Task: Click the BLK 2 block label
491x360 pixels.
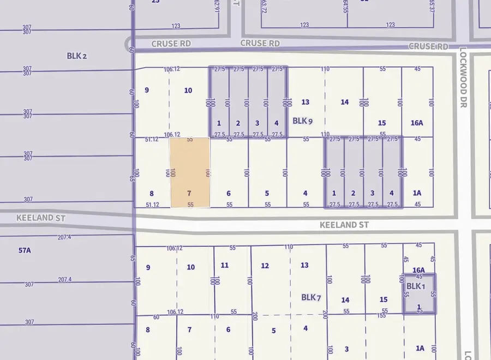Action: (x=77, y=56)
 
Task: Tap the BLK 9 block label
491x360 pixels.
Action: (x=302, y=121)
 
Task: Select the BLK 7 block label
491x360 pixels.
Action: (x=311, y=297)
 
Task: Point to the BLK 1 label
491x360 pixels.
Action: (x=414, y=286)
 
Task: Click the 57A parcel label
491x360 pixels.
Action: (x=25, y=250)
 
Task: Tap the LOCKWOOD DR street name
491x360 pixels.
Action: (x=464, y=77)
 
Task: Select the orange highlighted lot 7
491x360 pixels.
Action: (x=190, y=172)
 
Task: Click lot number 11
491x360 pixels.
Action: (x=225, y=265)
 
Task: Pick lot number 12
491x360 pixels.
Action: (x=265, y=266)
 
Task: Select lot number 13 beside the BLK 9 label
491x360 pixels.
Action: (x=305, y=102)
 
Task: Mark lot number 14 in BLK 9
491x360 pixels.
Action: (x=344, y=102)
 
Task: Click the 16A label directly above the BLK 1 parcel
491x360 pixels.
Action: (x=418, y=270)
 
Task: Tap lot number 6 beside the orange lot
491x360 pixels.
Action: (x=229, y=193)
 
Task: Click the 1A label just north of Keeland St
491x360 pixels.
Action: (x=417, y=193)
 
